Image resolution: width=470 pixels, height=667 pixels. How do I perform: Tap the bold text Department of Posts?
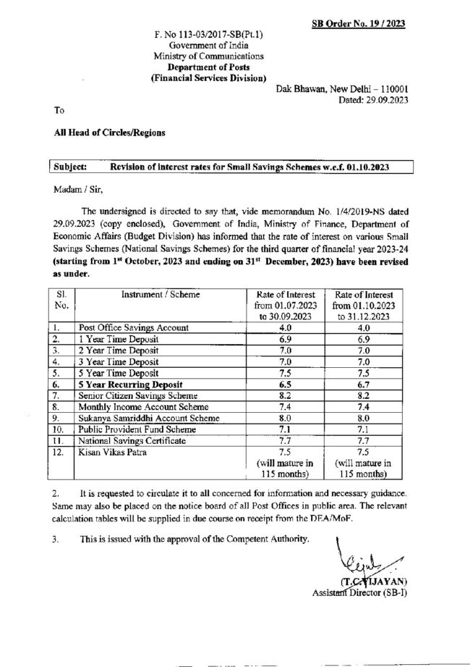point(209,66)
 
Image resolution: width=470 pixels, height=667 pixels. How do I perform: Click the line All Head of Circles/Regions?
point(108,133)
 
